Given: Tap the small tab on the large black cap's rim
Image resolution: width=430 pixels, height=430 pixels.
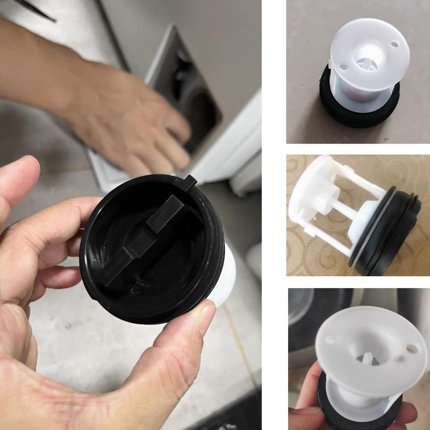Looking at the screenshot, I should [x=189, y=180].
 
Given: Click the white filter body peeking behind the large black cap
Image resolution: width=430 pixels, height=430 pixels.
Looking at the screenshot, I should [x=226, y=274].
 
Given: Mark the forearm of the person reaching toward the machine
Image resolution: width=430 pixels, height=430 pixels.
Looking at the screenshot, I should [x=43, y=59].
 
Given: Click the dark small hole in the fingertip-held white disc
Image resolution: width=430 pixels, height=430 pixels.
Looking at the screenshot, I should [x=411, y=350].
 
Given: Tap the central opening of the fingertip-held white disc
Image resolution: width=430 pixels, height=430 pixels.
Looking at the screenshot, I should [x=371, y=349].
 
